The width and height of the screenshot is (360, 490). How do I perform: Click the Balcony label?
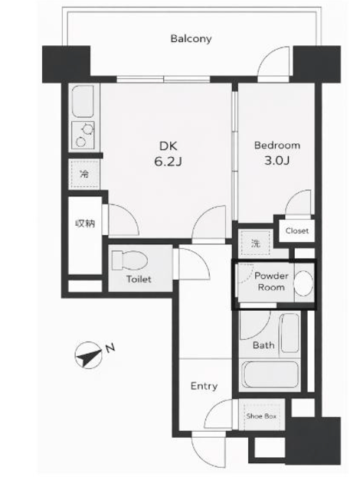coord(191,39)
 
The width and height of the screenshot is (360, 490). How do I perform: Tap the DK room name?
coord(168,146)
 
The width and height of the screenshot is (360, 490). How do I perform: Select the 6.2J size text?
coord(168,162)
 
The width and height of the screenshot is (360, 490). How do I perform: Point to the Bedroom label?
coord(277,145)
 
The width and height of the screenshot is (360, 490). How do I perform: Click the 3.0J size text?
coord(277,161)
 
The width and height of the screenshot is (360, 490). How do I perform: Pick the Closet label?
coord(296,231)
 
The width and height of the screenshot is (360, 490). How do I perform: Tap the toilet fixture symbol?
coord(129,260)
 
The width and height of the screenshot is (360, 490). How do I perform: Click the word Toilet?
coord(139,279)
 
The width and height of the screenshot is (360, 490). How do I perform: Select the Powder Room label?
coord(271,282)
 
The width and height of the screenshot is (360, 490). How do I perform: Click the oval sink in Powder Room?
coord(303,283)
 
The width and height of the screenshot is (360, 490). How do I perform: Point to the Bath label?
coord(263,345)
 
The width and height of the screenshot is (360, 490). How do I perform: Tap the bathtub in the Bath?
coord(270,375)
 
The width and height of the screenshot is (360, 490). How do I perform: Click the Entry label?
coord(204,386)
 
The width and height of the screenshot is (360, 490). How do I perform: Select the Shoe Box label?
coord(261,416)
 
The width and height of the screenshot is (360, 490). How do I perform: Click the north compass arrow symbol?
coord(89,355)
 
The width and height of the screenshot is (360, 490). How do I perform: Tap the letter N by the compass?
coord(110,348)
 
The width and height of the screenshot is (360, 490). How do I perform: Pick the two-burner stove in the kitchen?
coord(83,135)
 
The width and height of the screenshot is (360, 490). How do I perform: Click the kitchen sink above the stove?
coord(83,101)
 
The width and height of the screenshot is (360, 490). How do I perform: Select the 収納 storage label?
coord(85,224)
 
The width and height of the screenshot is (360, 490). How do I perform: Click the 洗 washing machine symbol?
coord(255,243)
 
